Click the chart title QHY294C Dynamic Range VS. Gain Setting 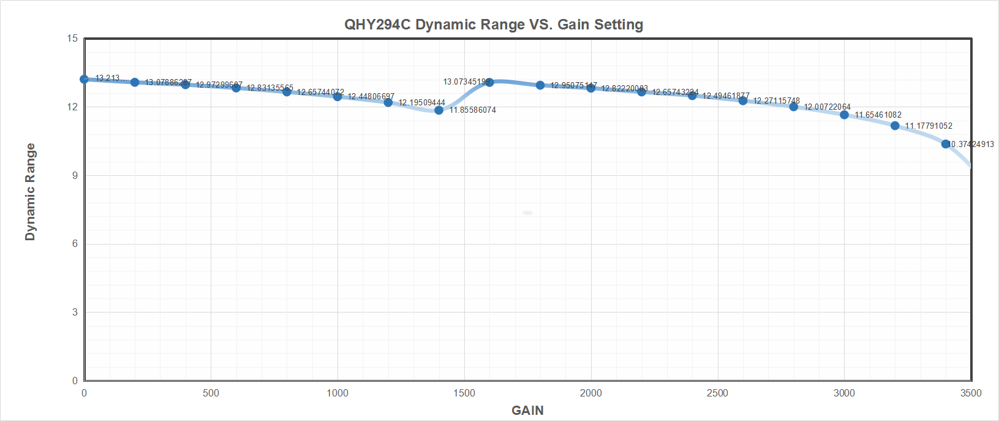[x=494, y=25]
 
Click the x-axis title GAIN [x=527, y=411]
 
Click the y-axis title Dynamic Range [x=30, y=192]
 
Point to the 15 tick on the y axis [x=72, y=39]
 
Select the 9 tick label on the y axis [x=74, y=175]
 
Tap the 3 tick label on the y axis [x=74, y=312]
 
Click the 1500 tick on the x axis [x=464, y=393]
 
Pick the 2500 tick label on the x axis [x=717, y=393]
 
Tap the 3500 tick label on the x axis [x=971, y=393]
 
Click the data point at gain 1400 [x=439, y=110]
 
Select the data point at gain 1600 [x=489, y=82]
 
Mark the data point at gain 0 [x=85, y=79]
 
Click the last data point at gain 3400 [x=945, y=144]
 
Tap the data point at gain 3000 [x=844, y=115]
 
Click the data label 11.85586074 [x=473, y=110]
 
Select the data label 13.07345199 [x=466, y=82]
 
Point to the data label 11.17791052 [x=929, y=126]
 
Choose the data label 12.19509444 [x=422, y=103]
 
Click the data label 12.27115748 [x=777, y=101]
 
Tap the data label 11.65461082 [x=878, y=115]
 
